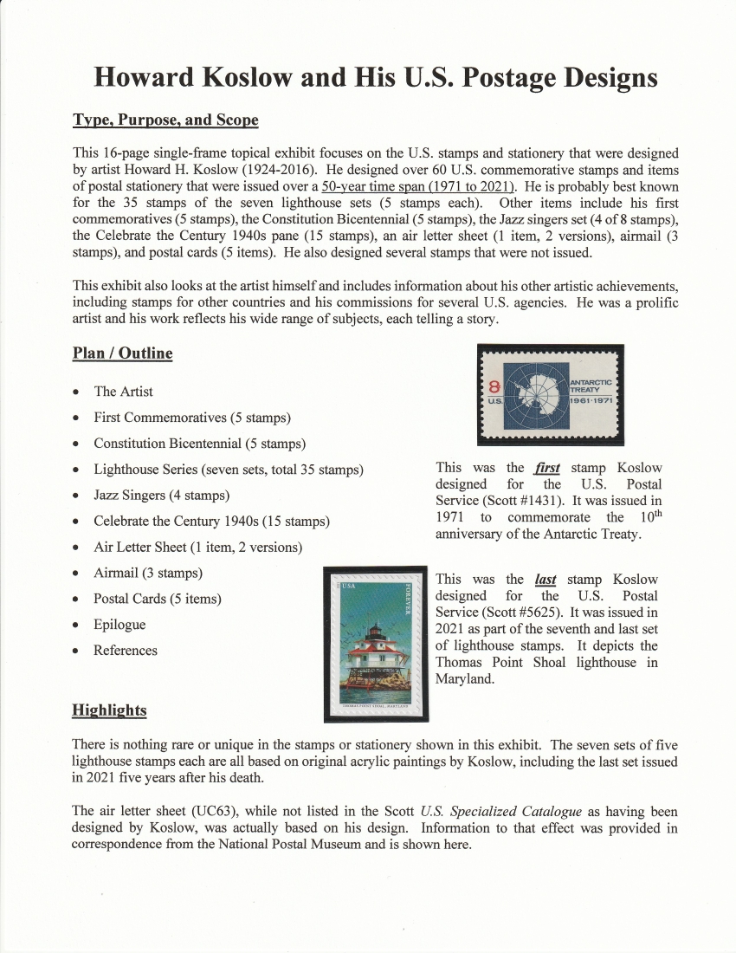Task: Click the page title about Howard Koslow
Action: [375, 77]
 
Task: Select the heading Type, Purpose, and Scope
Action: [165, 120]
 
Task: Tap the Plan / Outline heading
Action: [122, 353]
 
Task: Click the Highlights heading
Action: [109, 710]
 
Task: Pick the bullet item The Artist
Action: [123, 392]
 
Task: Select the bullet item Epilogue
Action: [119, 625]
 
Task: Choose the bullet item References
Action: [126, 651]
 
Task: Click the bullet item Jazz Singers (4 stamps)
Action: [161, 496]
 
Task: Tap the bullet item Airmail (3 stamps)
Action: [148, 573]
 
